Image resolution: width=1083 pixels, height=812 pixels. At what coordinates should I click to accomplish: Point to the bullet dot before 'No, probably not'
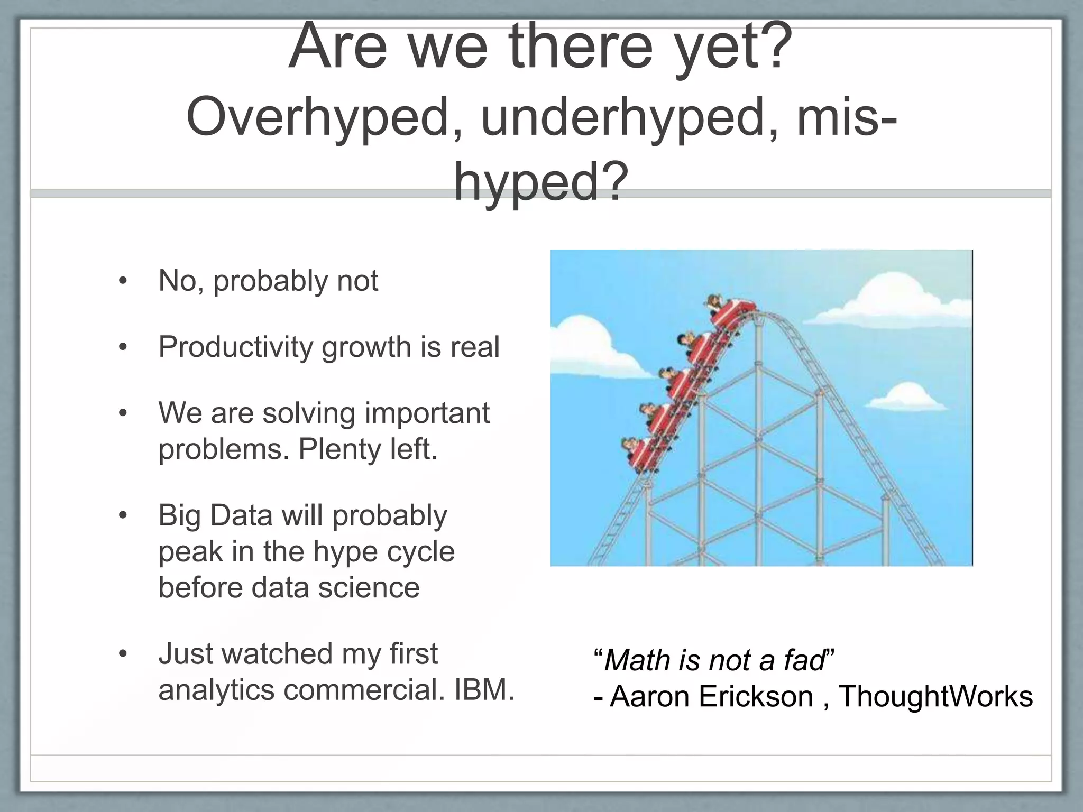123,281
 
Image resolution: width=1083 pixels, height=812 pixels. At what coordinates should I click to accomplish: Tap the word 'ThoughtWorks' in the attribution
935,697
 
